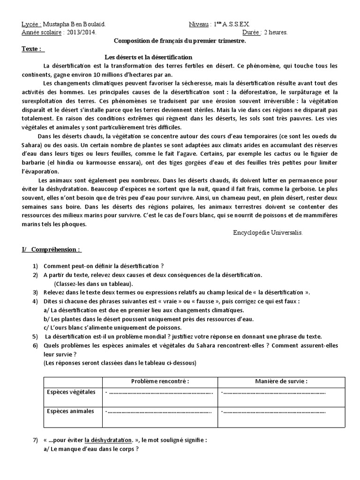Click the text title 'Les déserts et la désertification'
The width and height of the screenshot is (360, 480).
tap(153, 57)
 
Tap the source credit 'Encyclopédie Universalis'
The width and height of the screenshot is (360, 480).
tap(268, 232)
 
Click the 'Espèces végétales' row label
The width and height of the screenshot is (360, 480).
tap(70, 392)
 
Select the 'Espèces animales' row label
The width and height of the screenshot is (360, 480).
tap(69, 412)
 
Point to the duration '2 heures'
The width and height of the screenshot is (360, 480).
tap(276, 33)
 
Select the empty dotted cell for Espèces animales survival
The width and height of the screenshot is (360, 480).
tap(273, 412)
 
